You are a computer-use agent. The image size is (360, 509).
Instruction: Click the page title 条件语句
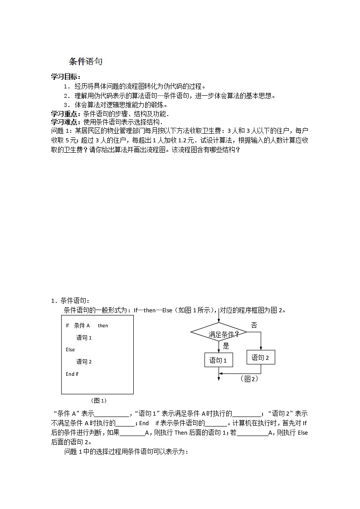pyautogui.click(x=86, y=62)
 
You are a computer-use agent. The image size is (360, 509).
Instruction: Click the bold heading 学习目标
pyautogui.click(x=65, y=77)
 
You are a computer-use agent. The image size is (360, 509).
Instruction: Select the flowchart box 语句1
pyautogui.click(x=219, y=361)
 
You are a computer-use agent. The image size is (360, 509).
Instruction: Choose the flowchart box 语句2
pyautogui.click(x=261, y=358)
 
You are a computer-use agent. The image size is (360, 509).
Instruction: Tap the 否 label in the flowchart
pyautogui.click(x=254, y=325)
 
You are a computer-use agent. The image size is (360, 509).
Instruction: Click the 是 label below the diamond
pyautogui.click(x=226, y=346)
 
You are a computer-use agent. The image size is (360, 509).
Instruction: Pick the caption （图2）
pyautogui.click(x=249, y=379)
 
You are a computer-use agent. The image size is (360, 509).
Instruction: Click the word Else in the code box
pyautogui.click(x=70, y=349)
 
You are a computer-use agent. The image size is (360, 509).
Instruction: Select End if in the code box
pyautogui.click(x=72, y=374)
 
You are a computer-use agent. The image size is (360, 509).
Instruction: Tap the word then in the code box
pyautogui.click(x=103, y=325)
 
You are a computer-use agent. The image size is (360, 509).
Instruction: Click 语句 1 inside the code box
pyautogui.click(x=84, y=338)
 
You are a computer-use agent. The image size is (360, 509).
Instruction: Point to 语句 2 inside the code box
pyautogui.click(x=84, y=362)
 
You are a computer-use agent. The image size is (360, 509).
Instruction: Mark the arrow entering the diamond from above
pyautogui.click(x=219, y=317)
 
